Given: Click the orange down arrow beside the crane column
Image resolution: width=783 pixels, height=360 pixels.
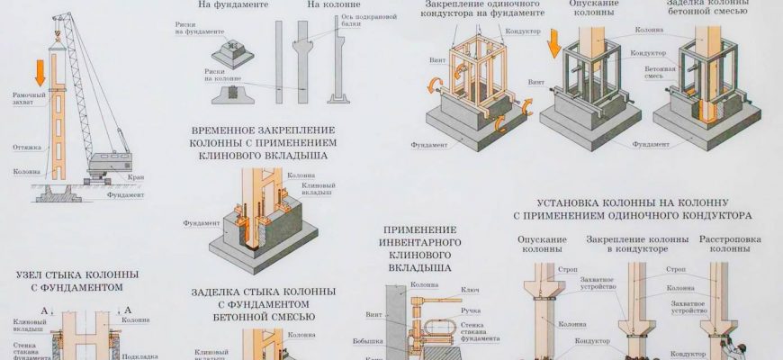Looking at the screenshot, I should [x=40, y=70].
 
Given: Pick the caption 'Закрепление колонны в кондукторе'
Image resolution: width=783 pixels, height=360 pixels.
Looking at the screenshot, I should [x=636, y=243].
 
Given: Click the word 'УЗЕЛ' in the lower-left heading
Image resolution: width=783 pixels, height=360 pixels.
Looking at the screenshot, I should [x=33, y=274].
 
